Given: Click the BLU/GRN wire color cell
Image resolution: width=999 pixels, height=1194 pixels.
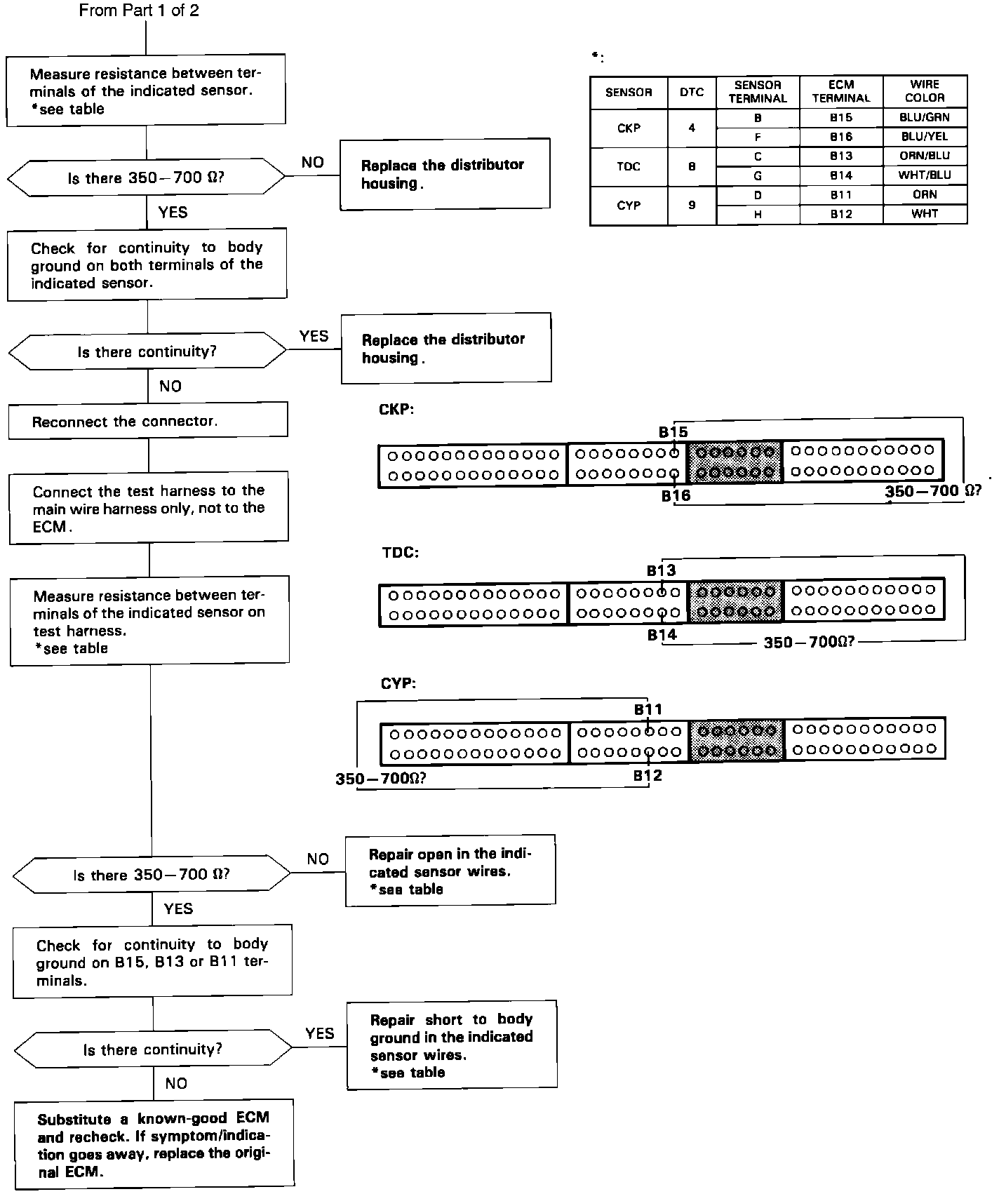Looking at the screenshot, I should pos(925,118).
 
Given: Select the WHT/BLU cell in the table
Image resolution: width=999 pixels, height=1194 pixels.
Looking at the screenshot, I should pos(925,175).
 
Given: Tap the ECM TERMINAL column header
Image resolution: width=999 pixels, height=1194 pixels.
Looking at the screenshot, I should pos(841,92).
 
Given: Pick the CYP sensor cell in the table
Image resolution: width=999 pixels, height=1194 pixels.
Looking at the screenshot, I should pos(629,206).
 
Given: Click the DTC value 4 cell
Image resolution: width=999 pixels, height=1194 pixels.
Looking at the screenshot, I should pos(692,128).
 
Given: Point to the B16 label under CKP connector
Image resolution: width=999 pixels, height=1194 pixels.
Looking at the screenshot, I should pos(676,496).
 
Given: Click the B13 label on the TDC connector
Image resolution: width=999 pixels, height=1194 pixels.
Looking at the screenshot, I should pos(661,570).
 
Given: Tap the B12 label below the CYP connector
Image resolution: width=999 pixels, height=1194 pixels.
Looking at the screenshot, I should pos(648,776).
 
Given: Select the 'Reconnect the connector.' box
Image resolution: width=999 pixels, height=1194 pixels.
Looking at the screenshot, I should pos(148,421).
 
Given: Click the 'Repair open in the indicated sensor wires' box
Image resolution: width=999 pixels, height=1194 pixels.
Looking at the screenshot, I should pos(450,871).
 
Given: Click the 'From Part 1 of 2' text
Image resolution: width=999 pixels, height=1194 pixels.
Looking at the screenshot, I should pos(139,11).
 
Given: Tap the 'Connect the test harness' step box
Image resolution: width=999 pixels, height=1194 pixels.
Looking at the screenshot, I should pos(149,509).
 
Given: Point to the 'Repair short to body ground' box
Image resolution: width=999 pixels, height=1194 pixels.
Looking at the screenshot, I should pos(452,1045).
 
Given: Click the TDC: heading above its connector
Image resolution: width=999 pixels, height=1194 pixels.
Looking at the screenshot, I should pos(400,552).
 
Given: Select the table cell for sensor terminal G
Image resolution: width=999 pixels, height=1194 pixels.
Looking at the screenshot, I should pos(758,175).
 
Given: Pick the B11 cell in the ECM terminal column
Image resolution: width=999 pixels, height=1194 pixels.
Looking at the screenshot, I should pos(841,195).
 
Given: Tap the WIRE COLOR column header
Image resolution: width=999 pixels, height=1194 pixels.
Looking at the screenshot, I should pos(925,92).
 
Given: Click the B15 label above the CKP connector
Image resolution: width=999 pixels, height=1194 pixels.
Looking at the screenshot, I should pos(673,432).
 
